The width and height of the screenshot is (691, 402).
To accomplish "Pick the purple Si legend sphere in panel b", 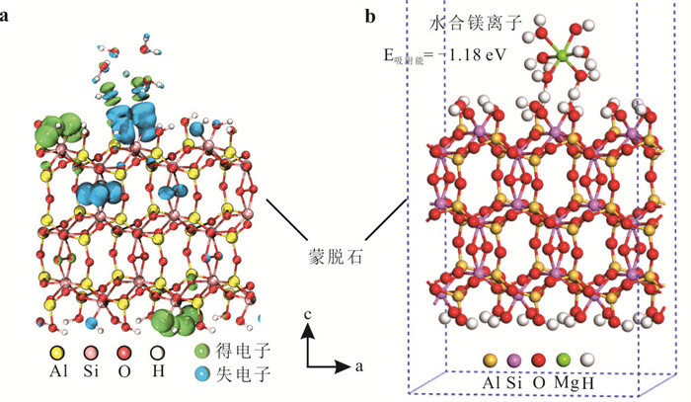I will pos(514,362).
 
